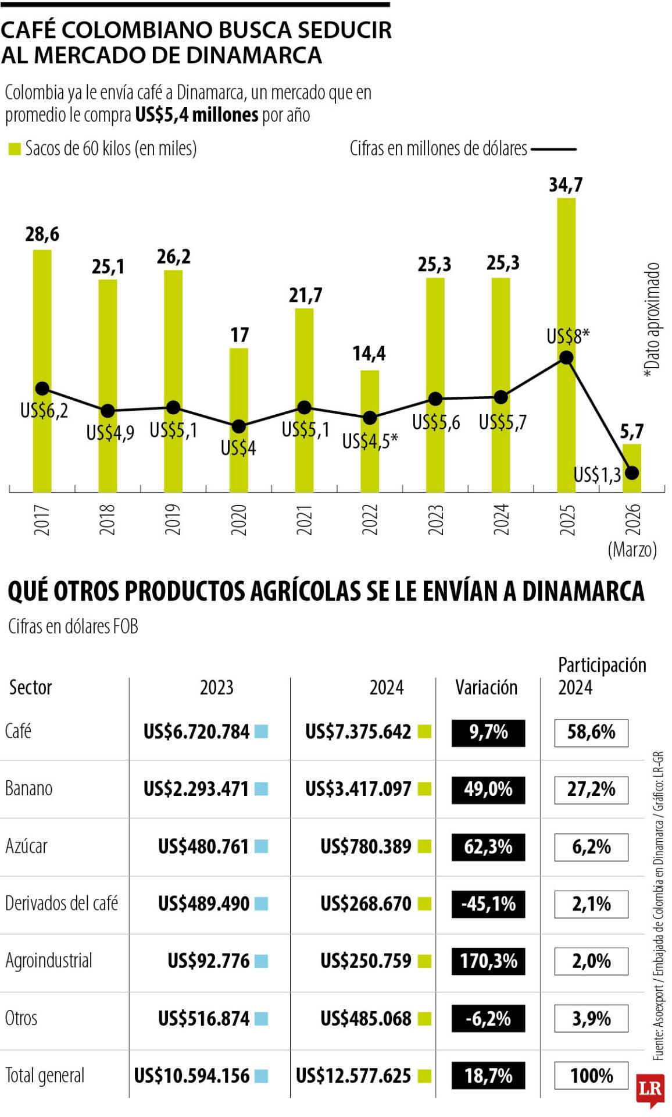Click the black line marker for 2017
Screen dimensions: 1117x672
tap(42, 389)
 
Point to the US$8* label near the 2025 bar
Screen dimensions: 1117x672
tap(568, 336)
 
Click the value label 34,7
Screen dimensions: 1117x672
tap(566, 185)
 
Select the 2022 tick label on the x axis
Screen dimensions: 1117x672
tap(370, 519)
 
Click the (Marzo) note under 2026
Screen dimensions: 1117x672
tap(632, 549)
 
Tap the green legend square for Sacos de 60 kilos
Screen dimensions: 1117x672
tap(15, 149)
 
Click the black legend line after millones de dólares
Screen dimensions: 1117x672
tap(553, 149)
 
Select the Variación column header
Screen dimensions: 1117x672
tap(486, 688)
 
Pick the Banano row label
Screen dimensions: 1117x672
tap(28, 789)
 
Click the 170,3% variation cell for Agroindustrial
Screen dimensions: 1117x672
tap(488, 961)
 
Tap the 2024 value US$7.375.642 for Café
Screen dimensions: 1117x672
tap(358, 732)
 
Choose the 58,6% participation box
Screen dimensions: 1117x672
tap(591, 732)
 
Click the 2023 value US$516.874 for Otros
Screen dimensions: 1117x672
tap(203, 1019)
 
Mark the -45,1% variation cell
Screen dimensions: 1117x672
tap(488, 904)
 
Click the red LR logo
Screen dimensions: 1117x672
tap(650, 1089)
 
